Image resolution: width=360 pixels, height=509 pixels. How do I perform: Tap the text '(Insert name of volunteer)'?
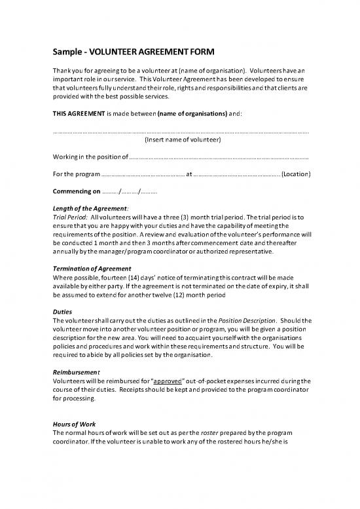182,140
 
